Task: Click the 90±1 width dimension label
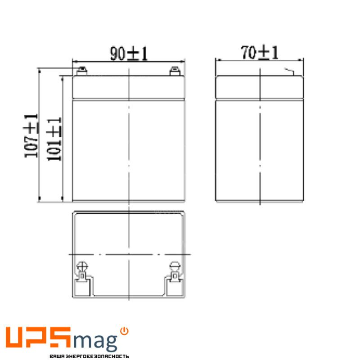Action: coord(129,54)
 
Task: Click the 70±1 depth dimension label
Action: coord(260,53)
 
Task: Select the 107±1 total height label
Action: coord(31,136)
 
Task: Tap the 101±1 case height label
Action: coord(54,139)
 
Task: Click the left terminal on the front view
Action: coord(81,71)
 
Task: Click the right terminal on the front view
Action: coord(175,71)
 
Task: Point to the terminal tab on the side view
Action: coord(290,72)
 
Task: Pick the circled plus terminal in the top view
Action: coord(82,267)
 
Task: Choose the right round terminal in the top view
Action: coord(175,266)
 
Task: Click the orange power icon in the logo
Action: coord(124,331)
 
